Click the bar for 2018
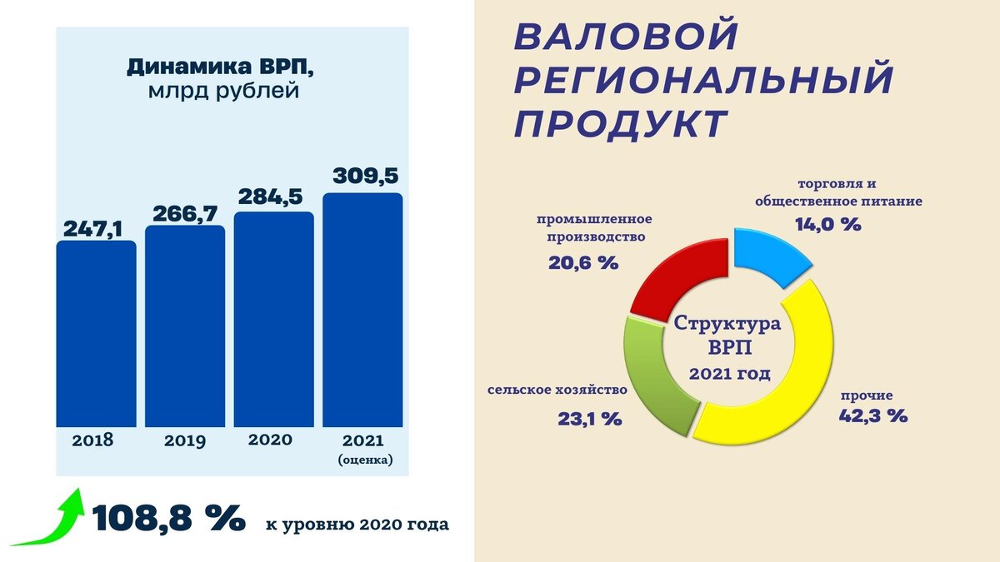(96, 333)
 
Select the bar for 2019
(185, 326)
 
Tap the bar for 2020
(273, 319)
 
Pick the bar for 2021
(362, 310)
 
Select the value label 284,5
(273, 197)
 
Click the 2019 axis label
(185, 440)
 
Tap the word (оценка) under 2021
(365, 459)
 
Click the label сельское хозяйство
(557, 390)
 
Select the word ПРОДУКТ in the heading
(618, 123)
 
